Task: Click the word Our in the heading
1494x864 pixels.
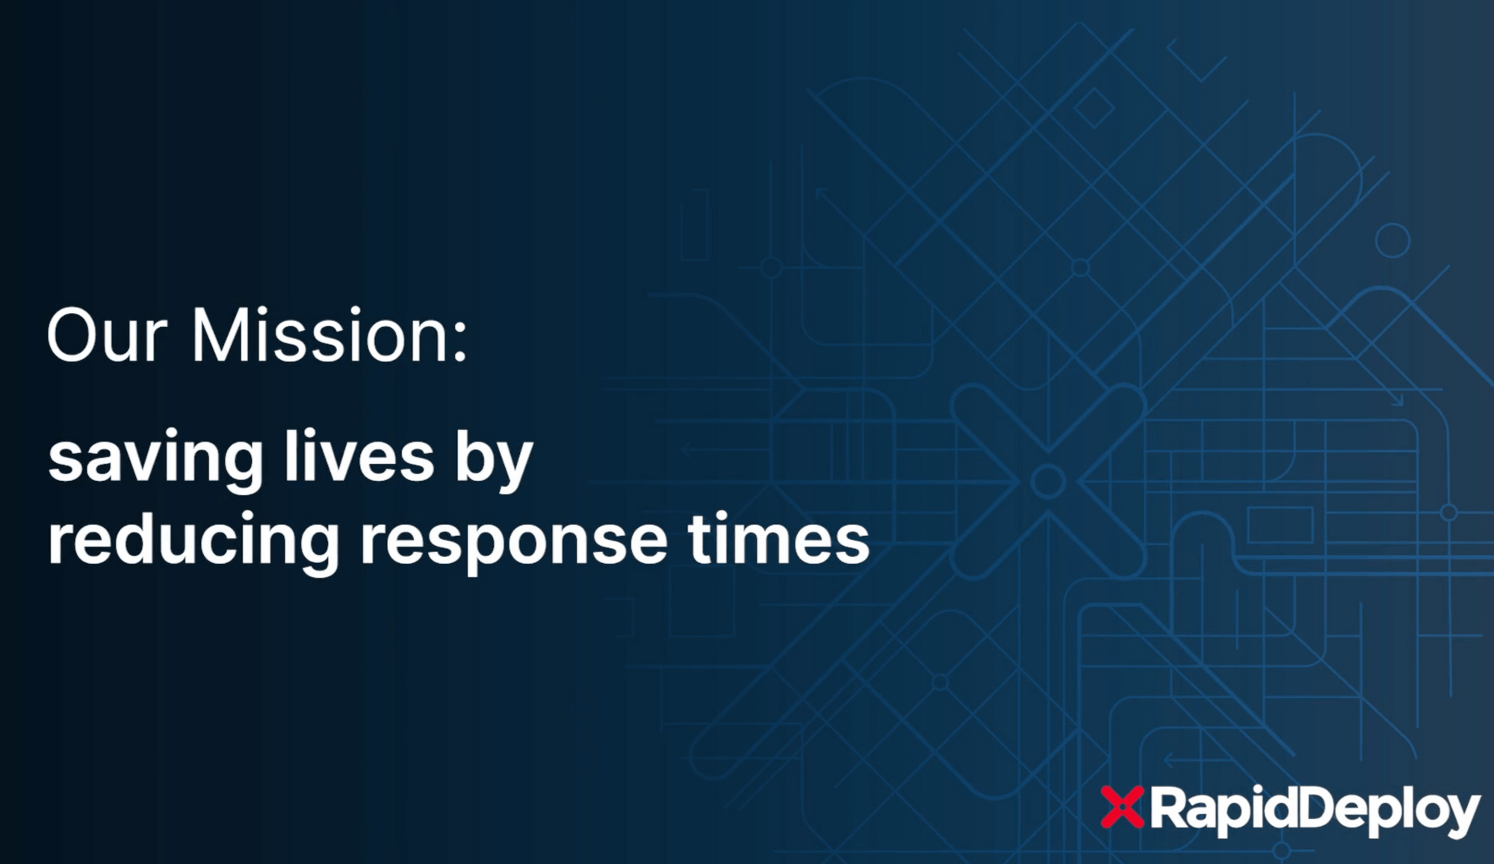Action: click(x=105, y=335)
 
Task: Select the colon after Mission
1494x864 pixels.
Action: click(x=460, y=344)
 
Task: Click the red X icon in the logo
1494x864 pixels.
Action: click(x=1122, y=807)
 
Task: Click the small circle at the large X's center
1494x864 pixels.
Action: click(x=1047, y=482)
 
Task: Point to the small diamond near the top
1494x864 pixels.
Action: click(x=1094, y=108)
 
